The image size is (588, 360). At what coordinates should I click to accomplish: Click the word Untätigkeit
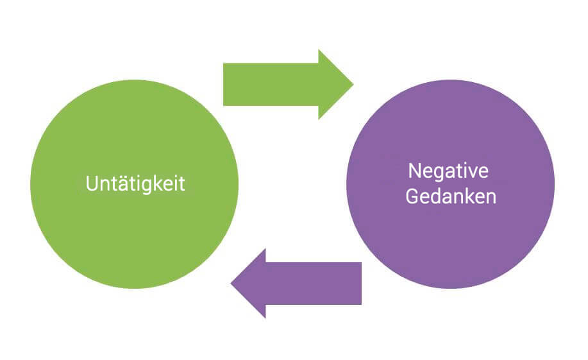point(135,184)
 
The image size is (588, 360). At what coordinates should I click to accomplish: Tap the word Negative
point(448,171)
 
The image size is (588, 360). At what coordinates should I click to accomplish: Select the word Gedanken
point(451,196)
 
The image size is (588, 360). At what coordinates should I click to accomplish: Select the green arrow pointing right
point(282,84)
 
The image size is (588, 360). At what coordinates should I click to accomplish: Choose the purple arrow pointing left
point(301,283)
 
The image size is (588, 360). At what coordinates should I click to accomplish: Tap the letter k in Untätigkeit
point(158,184)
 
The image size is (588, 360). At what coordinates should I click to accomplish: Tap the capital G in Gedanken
point(412,196)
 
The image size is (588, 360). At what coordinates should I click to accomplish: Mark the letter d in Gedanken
point(437,196)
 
